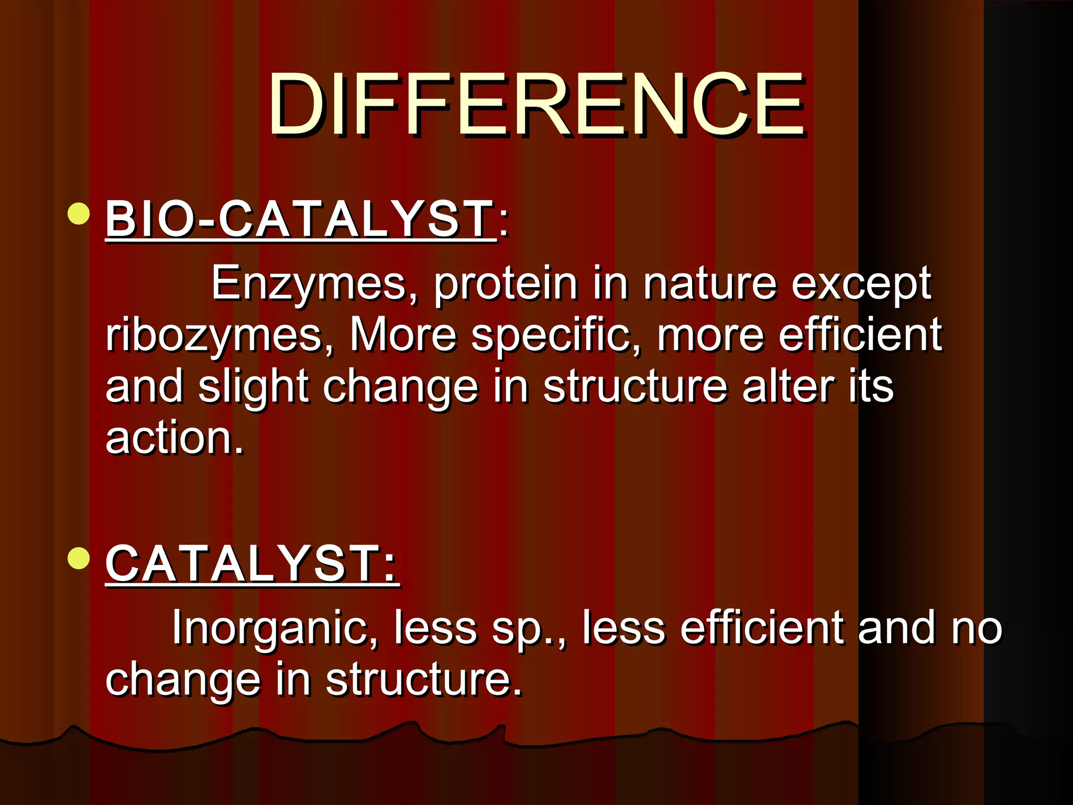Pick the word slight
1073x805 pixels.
tap(254, 387)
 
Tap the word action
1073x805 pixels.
tap(174, 438)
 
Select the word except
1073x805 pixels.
tap(861, 285)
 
